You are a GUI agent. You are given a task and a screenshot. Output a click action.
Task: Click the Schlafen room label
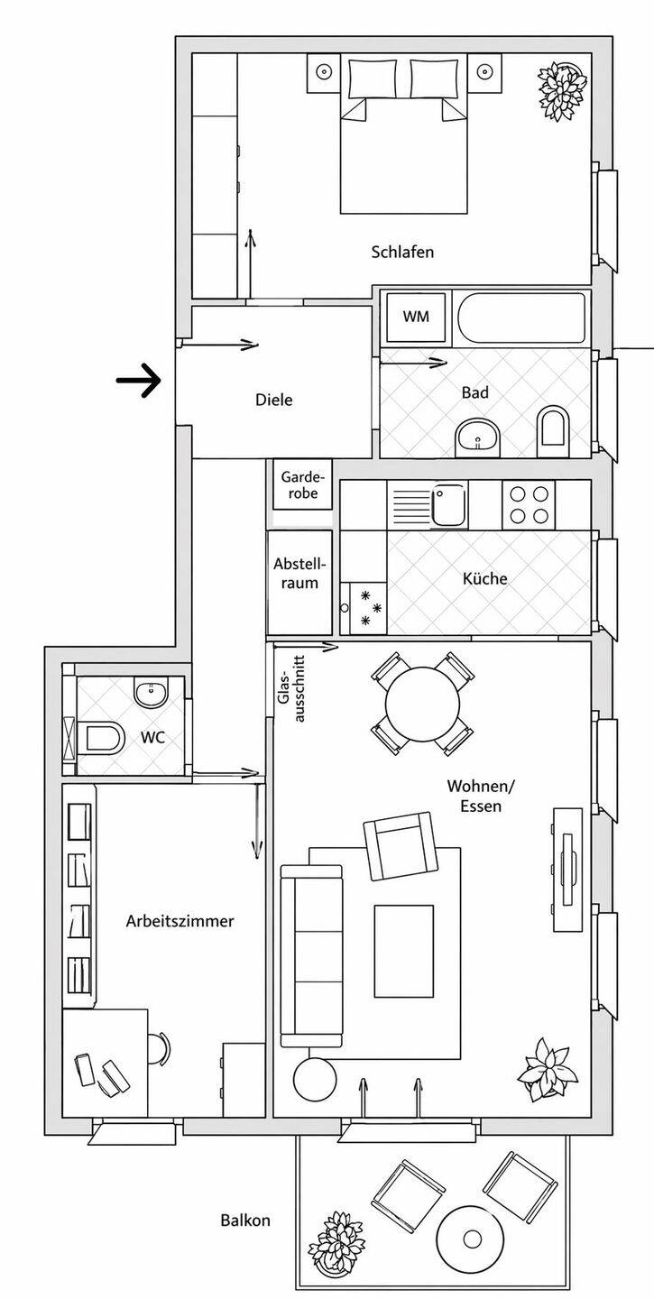tap(402, 253)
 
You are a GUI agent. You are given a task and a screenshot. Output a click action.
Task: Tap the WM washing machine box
tap(416, 317)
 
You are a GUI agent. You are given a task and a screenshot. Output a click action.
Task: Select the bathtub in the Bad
tap(521, 318)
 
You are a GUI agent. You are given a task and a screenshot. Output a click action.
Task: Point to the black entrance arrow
tap(138, 381)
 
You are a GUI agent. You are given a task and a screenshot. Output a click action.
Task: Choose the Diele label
tap(274, 401)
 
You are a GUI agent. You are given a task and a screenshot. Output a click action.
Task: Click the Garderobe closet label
tap(299, 484)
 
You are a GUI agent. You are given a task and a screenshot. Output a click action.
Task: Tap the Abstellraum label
tap(299, 574)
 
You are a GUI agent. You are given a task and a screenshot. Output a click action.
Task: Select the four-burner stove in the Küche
tap(529, 504)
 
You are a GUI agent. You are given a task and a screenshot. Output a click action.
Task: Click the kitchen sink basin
tap(448, 504)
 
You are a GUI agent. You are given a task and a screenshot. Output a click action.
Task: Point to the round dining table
tap(423, 704)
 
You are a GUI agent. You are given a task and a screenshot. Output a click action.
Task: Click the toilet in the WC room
tap(100, 738)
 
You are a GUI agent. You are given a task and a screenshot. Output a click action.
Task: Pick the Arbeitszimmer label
tap(180, 921)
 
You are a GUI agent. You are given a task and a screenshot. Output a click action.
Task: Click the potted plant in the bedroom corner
tap(562, 90)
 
